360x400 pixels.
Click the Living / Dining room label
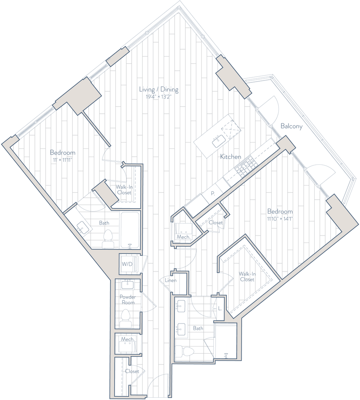[159, 89]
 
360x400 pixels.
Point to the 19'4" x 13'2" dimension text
[159, 97]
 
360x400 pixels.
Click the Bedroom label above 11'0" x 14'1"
[279, 211]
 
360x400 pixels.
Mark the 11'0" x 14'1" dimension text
[279, 219]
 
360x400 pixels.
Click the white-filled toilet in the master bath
[184, 352]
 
